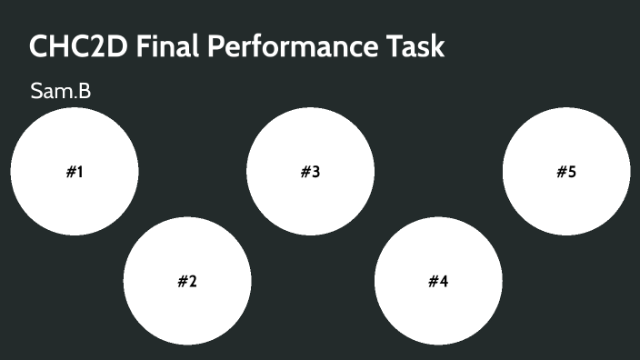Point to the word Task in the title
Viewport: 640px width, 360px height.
415,45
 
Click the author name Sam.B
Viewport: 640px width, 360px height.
60,91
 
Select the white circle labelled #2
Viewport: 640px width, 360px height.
187,300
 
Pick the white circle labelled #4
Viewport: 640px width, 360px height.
438,300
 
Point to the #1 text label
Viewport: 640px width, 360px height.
75,172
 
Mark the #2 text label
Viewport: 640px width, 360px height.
187,281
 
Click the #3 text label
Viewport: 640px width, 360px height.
310,172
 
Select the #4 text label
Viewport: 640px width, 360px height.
438,281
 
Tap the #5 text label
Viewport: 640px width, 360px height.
566,172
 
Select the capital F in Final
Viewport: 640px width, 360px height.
145,45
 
